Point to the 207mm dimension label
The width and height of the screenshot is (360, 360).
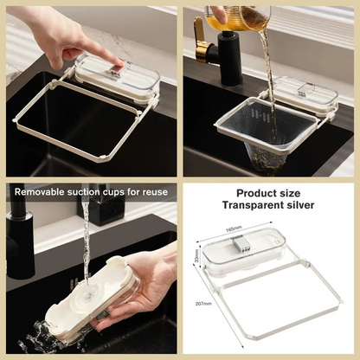tap(203, 304)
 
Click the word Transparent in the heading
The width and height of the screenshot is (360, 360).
tap(251, 205)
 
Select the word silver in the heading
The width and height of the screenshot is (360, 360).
tap(299, 205)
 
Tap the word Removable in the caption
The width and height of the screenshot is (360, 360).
tap(44, 191)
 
